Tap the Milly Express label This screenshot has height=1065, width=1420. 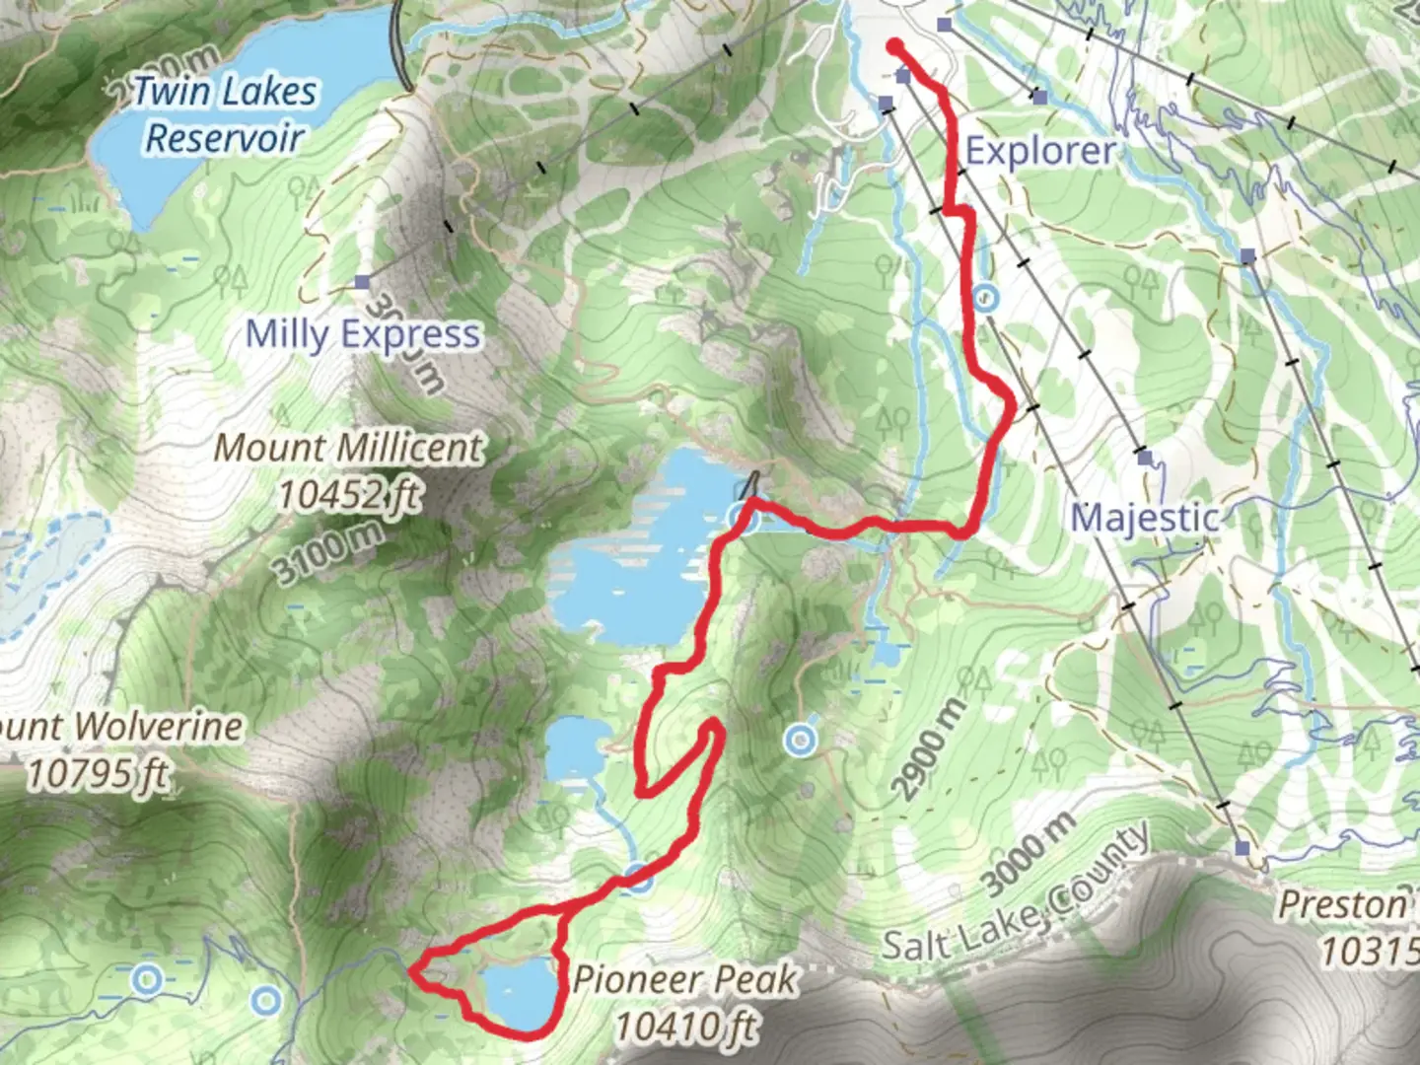click(x=363, y=334)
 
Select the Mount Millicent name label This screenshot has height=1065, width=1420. click(x=349, y=449)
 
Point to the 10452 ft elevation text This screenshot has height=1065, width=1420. click(x=348, y=492)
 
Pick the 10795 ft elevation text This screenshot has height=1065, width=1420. click(x=96, y=774)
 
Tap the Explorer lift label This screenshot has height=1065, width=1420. click(x=1040, y=151)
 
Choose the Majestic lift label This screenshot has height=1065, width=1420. click(x=1145, y=518)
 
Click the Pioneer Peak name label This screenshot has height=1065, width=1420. click(x=684, y=980)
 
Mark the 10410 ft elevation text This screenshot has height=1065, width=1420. click(x=685, y=1027)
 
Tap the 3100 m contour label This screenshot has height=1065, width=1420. click(x=328, y=554)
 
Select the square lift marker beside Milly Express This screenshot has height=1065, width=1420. click(x=362, y=282)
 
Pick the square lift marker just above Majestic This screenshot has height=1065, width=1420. click(x=1144, y=458)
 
